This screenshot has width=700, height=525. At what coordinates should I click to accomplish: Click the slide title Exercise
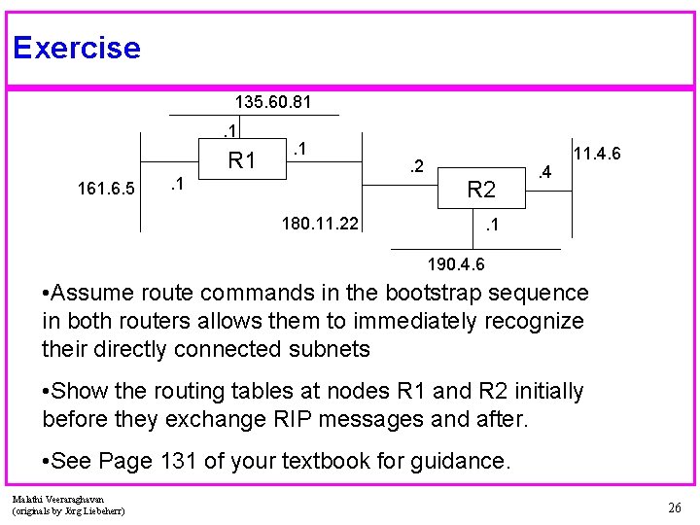tap(77, 48)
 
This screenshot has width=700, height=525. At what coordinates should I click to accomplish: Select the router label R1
tap(241, 160)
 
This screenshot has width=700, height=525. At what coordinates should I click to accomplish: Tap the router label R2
tap(481, 190)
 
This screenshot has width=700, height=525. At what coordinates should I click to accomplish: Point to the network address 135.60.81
tap(273, 101)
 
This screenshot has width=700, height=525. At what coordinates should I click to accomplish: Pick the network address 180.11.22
tap(319, 225)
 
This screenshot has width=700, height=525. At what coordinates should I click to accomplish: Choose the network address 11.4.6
tap(598, 155)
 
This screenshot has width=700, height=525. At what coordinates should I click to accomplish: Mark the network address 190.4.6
tap(456, 264)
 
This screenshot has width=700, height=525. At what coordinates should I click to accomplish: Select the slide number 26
tap(674, 507)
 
